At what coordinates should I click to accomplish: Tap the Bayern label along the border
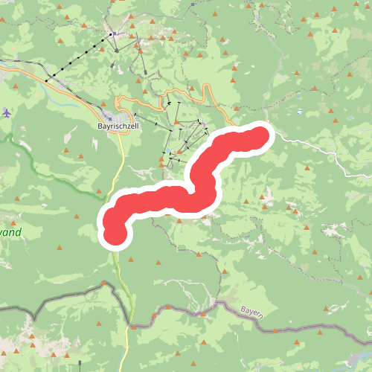pyautogui.click(x=251, y=310)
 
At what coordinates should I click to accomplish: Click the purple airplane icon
pyautogui.click(x=7, y=113)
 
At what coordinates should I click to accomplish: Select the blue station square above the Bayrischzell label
pyautogui.click(x=109, y=116)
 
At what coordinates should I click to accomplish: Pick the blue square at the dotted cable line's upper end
pyautogui.click(x=112, y=34)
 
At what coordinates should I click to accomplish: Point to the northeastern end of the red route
pyautogui.click(x=260, y=135)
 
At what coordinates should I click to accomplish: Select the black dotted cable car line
pyautogui.click(x=78, y=57)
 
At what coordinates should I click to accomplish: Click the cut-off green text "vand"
pyautogui.click(x=10, y=233)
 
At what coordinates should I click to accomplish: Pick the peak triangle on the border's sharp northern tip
pyautogui.click(x=103, y=283)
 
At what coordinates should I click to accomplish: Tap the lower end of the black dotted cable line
pyautogui.click(x=46, y=80)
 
